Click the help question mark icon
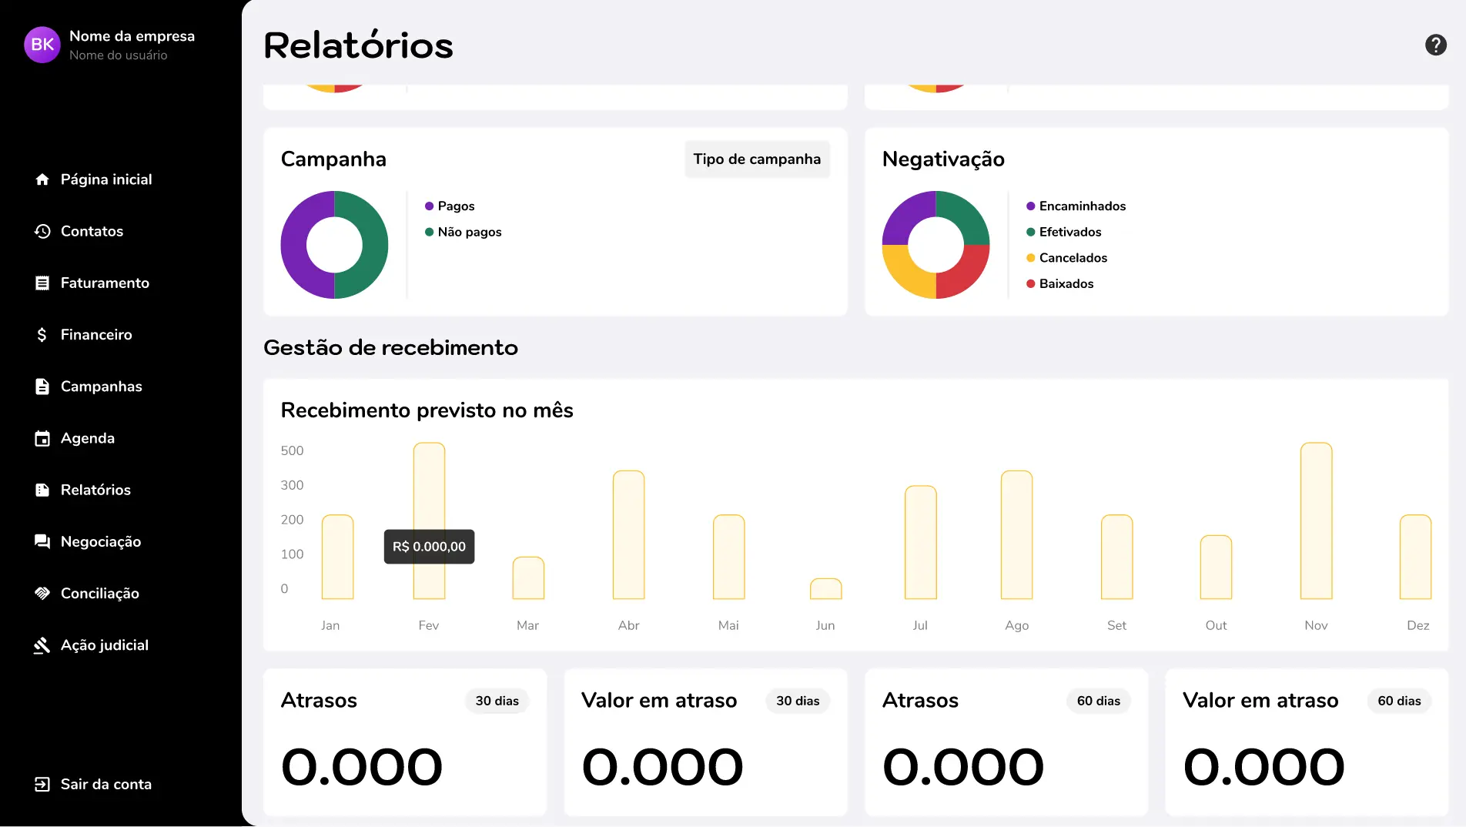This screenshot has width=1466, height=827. point(1435,45)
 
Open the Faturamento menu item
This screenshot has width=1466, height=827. point(105,283)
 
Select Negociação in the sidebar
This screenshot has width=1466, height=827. point(100,541)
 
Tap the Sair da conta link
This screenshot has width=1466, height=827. point(105,784)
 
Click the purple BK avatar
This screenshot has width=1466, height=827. point(42,45)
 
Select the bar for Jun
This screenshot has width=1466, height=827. point(825,589)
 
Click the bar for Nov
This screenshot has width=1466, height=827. point(1316,521)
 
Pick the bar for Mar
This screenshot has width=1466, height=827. point(528,578)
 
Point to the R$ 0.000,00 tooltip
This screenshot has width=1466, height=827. point(429,547)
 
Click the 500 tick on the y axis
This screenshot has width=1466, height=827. point(292,450)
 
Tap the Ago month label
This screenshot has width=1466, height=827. point(1016,625)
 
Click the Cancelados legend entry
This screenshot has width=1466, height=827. point(1073,258)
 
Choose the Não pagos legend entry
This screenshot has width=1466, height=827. point(469,232)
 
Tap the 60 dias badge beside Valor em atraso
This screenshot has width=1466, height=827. point(1399,701)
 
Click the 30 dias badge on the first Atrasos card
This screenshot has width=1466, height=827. point(497,701)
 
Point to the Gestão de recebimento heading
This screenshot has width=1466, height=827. point(390,347)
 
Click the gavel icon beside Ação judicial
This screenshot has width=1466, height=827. point(42,645)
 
